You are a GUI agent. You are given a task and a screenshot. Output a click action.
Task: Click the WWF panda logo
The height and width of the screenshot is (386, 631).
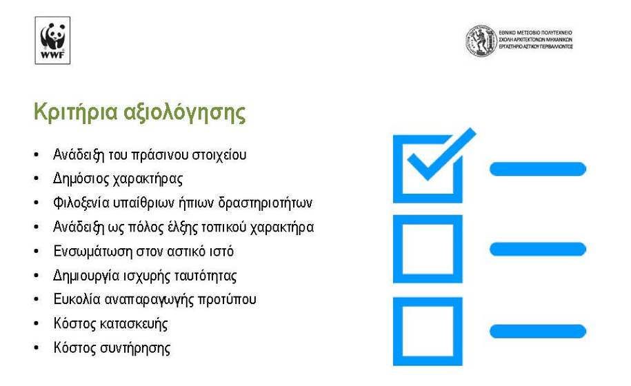(x=52, y=40)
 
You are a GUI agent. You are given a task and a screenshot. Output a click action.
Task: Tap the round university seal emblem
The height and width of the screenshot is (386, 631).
(x=481, y=41)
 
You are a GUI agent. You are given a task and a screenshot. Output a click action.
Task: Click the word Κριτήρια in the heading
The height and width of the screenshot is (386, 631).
(x=75, y=112)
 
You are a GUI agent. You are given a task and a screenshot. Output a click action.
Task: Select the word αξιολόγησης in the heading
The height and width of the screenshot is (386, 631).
(x=184, y=112)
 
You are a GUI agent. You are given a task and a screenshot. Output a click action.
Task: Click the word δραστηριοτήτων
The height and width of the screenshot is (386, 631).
(x=266, y=203)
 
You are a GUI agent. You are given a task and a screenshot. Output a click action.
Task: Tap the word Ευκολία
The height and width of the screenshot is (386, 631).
(x=77, y=300)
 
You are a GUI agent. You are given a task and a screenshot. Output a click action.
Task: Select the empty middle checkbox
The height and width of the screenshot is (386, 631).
(x=428, y=220)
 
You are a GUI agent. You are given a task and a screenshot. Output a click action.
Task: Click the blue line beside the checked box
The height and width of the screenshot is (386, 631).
(x=538, y=169)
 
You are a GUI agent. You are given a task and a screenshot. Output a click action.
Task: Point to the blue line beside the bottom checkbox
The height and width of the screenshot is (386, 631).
(x=538, y=332)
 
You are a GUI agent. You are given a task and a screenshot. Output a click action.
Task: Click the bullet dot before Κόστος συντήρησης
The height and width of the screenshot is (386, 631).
(x=37, y=348)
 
